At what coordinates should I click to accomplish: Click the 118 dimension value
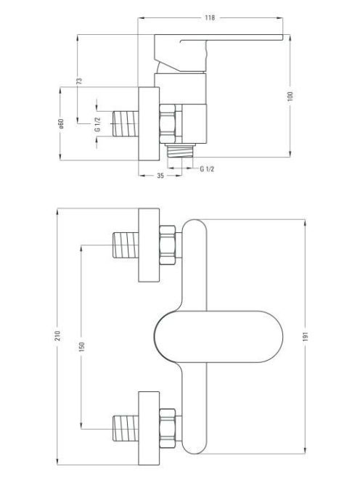(210, 17)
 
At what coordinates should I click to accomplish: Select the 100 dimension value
(291, 96)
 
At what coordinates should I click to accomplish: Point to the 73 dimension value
(79, 81)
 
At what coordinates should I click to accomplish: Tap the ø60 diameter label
(61, 123)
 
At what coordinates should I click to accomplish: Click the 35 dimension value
(160, 176)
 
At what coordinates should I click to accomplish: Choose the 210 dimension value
(57, 335)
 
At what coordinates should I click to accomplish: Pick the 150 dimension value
(81, 347)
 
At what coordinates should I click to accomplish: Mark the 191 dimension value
(305, 336)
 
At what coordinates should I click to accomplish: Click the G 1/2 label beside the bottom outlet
(207, 168)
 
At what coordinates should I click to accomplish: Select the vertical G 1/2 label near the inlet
(97, 125)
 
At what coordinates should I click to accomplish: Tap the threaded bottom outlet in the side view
(181, 151)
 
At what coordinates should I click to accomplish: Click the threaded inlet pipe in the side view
(126, 123)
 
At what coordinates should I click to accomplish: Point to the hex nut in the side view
(168, 123)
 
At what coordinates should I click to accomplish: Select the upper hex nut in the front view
(168, 245)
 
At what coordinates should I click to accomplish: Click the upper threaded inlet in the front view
(126, 245)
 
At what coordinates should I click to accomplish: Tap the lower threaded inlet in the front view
(126, 428)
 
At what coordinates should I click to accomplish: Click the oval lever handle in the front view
(218, 337)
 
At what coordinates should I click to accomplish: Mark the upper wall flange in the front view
(149, 245)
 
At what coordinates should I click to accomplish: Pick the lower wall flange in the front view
(149, 428)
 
